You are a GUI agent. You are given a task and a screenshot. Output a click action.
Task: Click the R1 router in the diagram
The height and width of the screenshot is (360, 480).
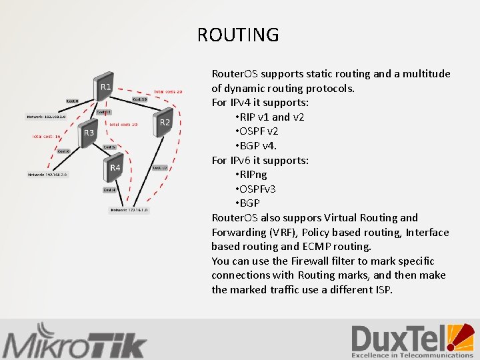pos(104,87)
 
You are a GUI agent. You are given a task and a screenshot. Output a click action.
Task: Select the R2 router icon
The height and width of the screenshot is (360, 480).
pos(164,123)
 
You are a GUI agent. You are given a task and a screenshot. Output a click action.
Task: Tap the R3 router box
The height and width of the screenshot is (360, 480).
pos(88,133)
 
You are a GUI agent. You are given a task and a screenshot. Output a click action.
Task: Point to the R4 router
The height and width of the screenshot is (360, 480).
pos(114,168)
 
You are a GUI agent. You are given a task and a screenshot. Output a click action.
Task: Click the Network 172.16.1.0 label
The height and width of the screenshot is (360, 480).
pos(129,210)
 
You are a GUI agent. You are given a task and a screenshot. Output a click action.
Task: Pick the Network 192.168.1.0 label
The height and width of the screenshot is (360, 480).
pos(46,117)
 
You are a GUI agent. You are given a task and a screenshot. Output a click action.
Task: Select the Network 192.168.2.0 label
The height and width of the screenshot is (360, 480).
pos(47,175)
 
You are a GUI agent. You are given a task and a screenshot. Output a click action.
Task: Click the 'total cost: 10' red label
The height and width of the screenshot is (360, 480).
pos(47,137)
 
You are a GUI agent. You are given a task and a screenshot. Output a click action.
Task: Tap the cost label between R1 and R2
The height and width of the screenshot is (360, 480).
pos(140,99)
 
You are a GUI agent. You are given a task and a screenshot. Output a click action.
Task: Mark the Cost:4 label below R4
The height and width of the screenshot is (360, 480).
pos(109,190)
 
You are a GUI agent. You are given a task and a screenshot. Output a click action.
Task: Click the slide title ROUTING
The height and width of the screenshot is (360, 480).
pos(238,35)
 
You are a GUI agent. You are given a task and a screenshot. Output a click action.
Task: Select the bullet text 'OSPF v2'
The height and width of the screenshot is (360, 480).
pos(257,131)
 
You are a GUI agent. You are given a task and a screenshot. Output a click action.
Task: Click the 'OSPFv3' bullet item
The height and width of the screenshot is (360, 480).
pos(257,189)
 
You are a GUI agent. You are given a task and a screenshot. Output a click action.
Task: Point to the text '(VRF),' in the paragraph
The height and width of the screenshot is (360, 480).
pos(287,232)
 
